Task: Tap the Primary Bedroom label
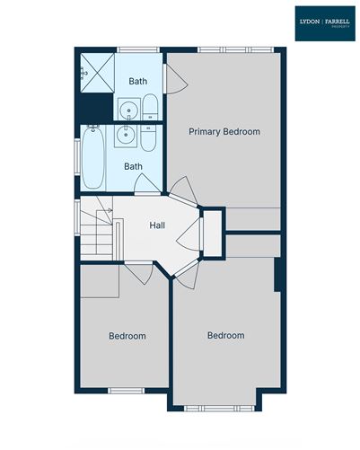(x=224, y=132)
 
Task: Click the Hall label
(x=157, y=225)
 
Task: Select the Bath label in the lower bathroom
(x=133, y=166)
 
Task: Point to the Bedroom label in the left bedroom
(x=127, y=336)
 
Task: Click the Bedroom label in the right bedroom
(x=225, y=335)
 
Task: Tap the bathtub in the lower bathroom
(x=93, y=158)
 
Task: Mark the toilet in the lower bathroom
(x=148, y=140)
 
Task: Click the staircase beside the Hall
(x=98, y=231)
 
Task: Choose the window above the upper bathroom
(x=135, y=49)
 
